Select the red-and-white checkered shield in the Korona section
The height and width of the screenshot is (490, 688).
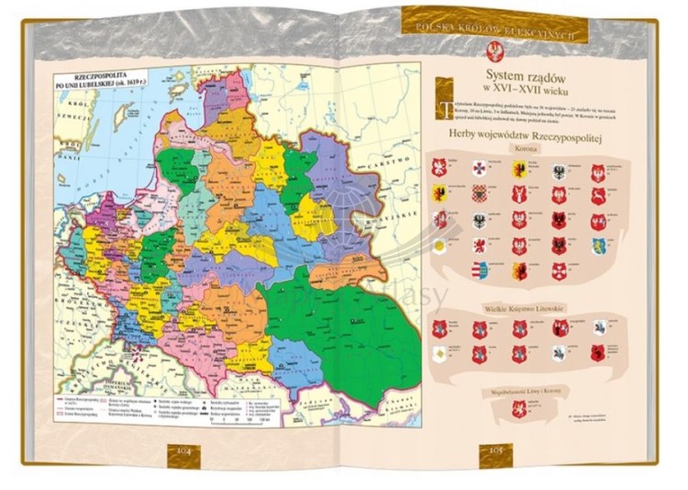point(478,194)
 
